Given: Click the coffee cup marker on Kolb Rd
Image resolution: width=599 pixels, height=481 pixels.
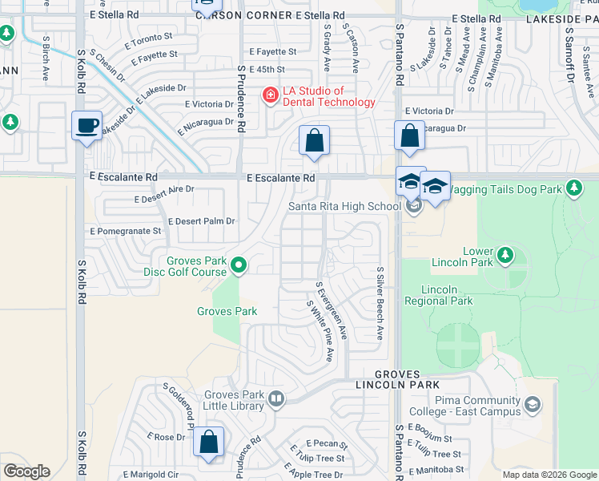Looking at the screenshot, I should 86,126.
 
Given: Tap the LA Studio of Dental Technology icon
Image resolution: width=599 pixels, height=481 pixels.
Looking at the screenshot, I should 270,96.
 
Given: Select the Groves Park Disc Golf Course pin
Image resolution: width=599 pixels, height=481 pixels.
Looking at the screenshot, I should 238,264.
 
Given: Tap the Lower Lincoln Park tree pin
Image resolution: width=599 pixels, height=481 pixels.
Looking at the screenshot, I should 505,255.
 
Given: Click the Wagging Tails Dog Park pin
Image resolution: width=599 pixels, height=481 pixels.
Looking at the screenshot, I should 573,188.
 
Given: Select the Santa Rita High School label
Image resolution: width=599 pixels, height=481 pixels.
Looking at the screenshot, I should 344,206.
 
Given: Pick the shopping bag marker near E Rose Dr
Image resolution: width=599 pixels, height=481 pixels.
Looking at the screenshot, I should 208,442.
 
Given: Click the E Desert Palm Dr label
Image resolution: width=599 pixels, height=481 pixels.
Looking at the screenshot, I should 201,221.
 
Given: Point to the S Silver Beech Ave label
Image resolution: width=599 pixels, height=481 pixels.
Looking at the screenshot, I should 380,303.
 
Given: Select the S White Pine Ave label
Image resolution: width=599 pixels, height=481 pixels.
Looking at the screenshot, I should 321,330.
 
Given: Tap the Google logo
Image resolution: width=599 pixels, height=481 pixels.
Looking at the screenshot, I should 26,471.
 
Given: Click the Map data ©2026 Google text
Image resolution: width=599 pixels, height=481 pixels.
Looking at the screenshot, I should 549,475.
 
